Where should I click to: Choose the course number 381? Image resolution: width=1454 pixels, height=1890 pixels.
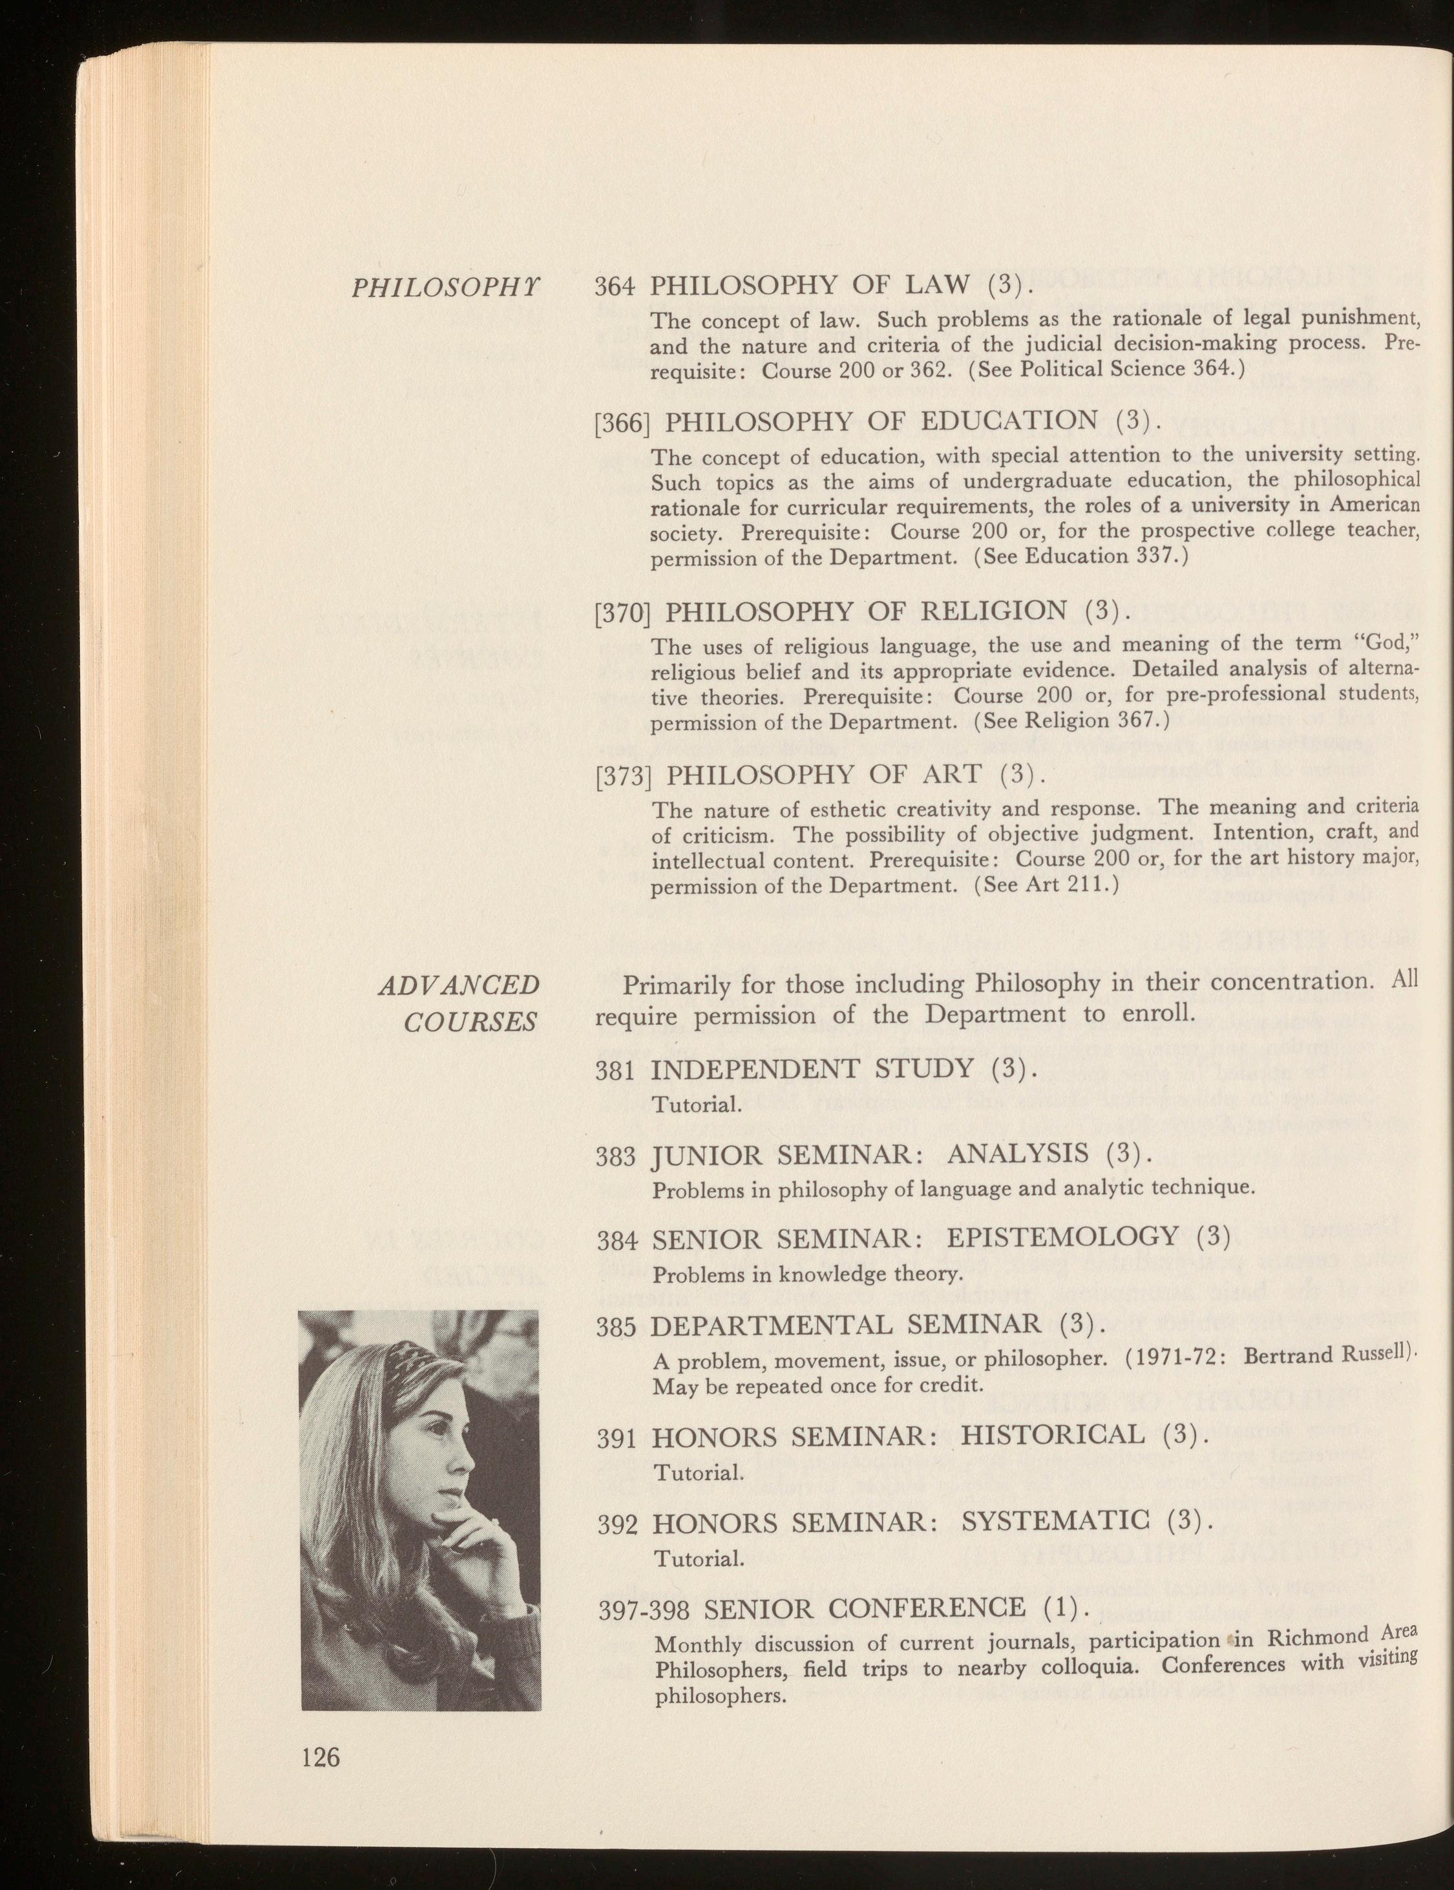click(x=617, y=1071)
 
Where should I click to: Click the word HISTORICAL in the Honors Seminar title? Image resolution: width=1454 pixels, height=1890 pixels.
click(x=1053, y=1435)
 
